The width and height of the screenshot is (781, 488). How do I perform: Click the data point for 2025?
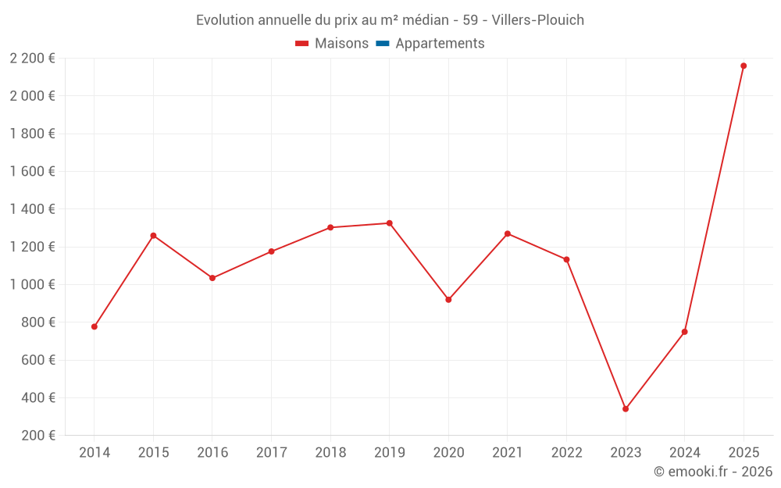744,66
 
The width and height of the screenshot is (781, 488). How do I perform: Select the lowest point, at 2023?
626,408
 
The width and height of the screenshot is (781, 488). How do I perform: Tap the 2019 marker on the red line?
389,223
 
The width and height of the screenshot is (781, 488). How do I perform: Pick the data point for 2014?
95,326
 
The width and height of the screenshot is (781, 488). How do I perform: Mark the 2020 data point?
448,300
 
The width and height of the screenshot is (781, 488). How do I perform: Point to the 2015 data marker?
153,235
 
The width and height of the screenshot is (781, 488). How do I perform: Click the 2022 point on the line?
566,259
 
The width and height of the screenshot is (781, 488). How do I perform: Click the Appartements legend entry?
440,44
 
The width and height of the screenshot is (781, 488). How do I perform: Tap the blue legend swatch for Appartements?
383,44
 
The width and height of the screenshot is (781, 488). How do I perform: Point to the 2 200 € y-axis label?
32,58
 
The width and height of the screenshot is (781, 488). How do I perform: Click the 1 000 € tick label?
32,284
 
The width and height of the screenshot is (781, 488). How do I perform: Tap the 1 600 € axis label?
32,171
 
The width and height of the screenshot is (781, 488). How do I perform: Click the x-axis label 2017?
271,452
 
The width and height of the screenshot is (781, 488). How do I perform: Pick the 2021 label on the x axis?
507,452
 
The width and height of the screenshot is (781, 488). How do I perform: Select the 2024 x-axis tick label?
684,452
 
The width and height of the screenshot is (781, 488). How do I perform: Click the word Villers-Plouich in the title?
538,20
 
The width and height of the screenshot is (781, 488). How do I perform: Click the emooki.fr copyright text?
713,472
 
